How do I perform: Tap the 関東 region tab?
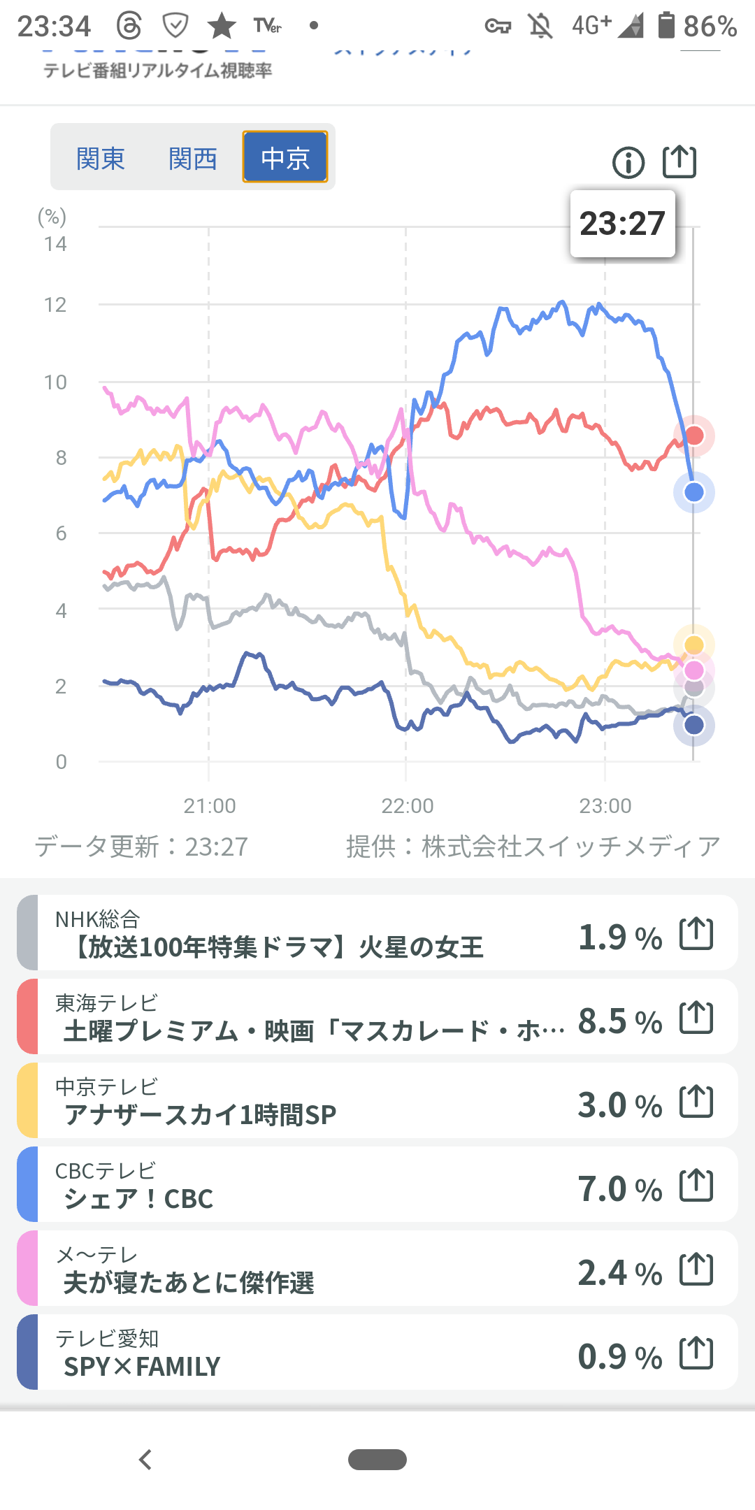point(101,159)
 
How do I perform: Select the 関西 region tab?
point(193,159)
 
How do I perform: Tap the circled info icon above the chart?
point(628,163)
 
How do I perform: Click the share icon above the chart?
point(679,161)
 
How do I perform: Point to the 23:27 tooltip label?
point(622,224)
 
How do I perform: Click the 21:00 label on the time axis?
point(210,806)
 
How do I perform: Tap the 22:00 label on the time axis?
point(408,806)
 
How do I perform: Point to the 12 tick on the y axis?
point(55,305)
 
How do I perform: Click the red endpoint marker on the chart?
point(694,436)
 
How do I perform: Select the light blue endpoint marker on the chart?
point(694,492)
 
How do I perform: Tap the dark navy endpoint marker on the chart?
point(694,725)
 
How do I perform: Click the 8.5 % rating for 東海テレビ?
point(620,1021)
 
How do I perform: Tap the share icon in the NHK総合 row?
point(696,934)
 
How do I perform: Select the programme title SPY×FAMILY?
point(142,1366)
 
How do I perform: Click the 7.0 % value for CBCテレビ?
point(620,1189)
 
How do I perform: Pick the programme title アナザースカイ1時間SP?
point(200,1114)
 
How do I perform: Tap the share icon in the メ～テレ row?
point(696,1270)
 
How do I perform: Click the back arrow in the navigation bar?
point(145,1460)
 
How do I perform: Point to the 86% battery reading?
point(710,27)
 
